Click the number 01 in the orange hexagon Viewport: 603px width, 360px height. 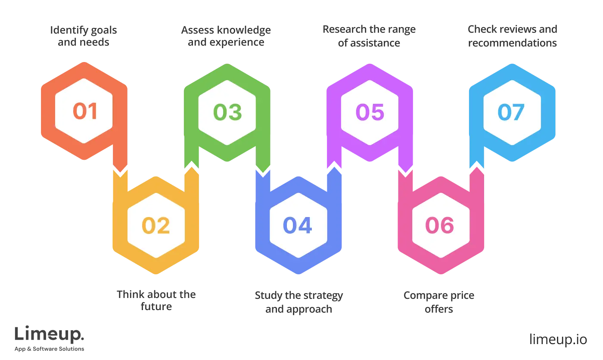pyautogui.click(x=85, y=111)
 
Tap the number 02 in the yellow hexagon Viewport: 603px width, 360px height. pyautogui.click(x=156, y=225)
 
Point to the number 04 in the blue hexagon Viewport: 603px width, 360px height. pyautogui.click(x=298, y=225)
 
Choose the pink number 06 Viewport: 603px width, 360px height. pyautogui.click(x=440, y=225)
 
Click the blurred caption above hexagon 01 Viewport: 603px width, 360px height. pyautogui.click(x=83, y=37)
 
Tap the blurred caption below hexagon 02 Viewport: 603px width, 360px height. pyautogui.click(x=156, y=301)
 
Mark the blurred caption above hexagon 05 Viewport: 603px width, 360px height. pyautogui.click(x=369, y=37)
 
